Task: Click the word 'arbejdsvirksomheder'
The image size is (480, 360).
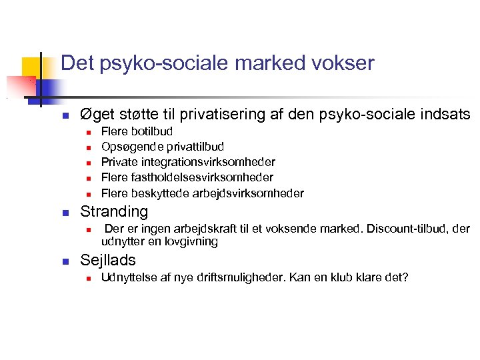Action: (x=248, y=193)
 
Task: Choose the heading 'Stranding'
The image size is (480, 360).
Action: (x=114, y=211)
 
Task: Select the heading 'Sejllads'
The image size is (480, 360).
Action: (x=108, y=260)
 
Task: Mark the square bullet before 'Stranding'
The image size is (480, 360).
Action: (x=65, y=213)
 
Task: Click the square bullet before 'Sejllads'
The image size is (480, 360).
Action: (x=65, y=261)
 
